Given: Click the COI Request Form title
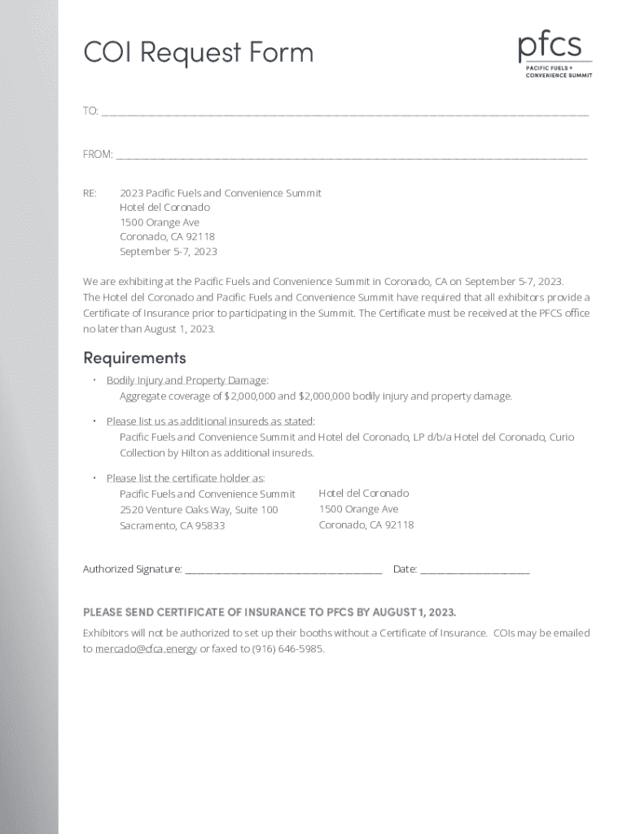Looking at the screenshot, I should point(198,53).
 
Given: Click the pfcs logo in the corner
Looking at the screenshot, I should point(555,55).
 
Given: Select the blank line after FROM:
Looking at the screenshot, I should point(351,155).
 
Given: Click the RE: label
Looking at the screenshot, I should point(90,193).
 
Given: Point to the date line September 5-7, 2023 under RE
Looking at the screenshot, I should point(169,252).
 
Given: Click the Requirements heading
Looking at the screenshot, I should point(134,358).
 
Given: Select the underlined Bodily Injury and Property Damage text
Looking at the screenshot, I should point(186,380).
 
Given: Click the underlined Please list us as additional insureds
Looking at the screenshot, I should point(210,421).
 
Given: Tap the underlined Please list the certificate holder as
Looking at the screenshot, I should point(186,478).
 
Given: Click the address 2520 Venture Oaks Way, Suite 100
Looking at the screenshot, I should point(199,510).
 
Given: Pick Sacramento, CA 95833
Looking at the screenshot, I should point(172,526).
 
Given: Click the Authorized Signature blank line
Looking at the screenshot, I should point(283,570).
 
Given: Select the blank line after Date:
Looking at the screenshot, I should point(475,570).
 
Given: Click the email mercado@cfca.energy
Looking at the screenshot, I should point(146,649).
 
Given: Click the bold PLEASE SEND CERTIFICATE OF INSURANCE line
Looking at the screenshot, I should point(270,612).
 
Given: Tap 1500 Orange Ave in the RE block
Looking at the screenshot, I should point(160,222).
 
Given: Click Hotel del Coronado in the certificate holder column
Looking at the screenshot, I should point(363,494).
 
